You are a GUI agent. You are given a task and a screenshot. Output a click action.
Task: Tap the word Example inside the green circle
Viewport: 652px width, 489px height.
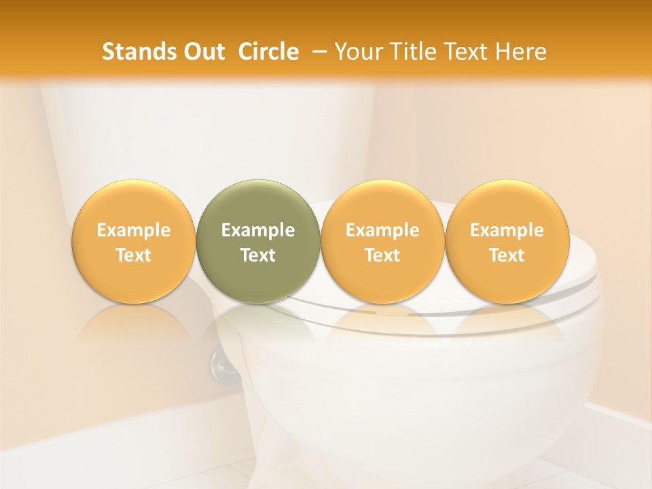pos(258,230)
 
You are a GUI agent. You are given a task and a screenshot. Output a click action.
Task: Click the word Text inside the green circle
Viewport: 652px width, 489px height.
pos(258,255)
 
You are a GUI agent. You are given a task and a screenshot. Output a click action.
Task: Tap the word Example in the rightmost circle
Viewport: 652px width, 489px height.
pos(507,230)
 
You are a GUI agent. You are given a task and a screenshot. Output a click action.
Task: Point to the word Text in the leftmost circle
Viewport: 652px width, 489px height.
pos(133,255)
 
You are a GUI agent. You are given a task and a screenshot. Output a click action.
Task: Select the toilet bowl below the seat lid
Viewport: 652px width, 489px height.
pos(421,380)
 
